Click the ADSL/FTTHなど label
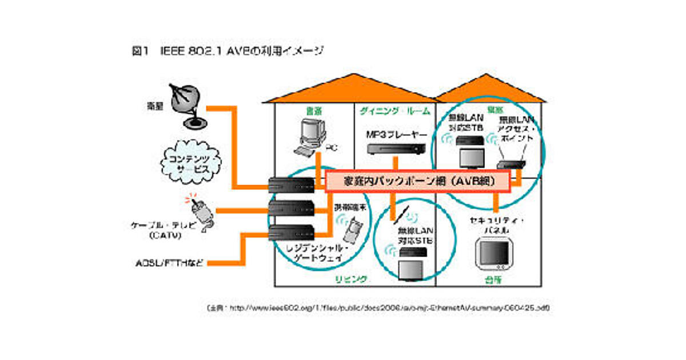(x=166, y=263)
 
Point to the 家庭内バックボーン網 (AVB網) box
(x=417, y=181)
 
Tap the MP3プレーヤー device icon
(x=396, y=150)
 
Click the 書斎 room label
(x=314, y=111)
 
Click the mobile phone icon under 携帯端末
(x=350, y=230)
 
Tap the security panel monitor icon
(x=494, y=255)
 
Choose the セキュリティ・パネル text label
(x=496, y=225)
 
